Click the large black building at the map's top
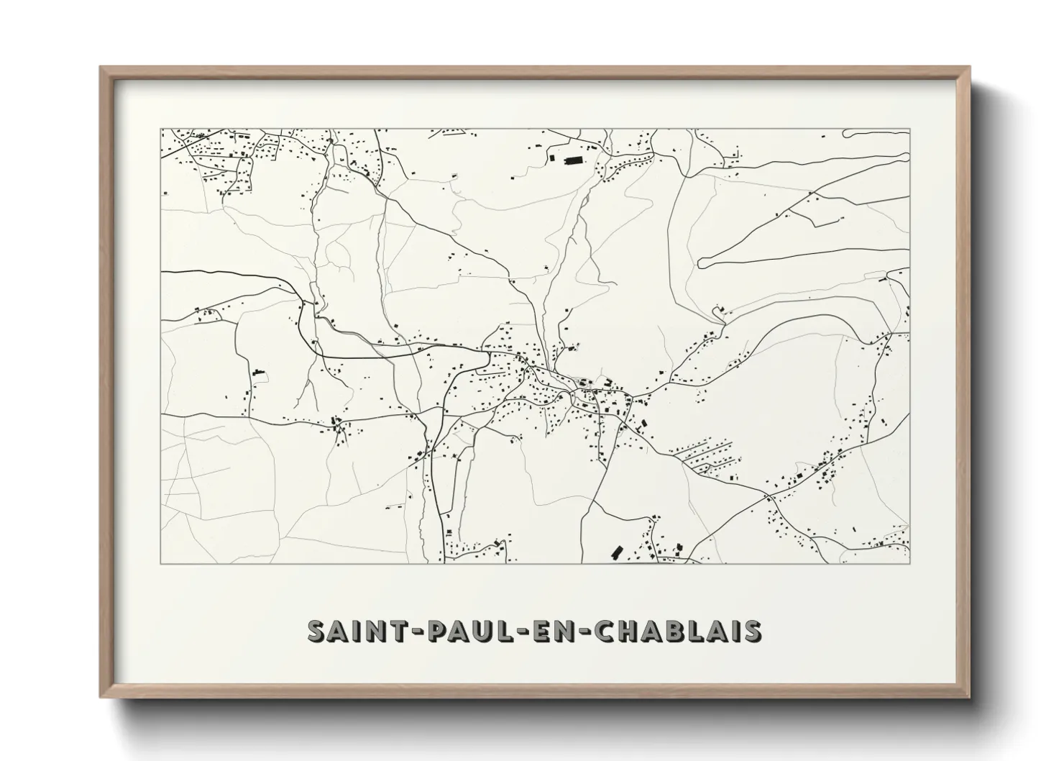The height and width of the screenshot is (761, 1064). click(573, 161)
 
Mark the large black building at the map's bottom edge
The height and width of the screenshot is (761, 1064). click(615, 552)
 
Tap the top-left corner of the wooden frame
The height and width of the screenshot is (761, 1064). click(101, 68)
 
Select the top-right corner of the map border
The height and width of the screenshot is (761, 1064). click(909, 129)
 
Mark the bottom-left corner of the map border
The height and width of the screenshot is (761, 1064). click(161, 563)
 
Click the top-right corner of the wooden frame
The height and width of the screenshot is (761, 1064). click(969, 68)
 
